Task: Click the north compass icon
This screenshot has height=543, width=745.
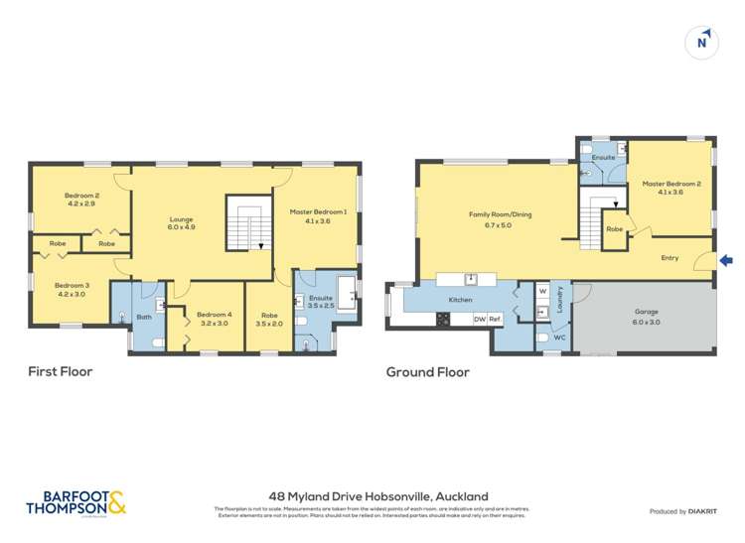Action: pyautogui.click(x=703, y=41)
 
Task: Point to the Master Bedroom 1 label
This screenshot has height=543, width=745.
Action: pyautogui.click(x=318, y=217)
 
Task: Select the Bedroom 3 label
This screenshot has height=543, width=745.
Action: pyautogui.click(x=72, y=290)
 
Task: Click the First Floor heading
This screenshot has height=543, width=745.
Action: pyautogui.click(x=60, y=372)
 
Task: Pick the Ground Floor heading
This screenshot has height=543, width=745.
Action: pyautogui.click(x=427, y=372)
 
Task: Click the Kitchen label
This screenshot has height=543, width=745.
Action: pyautogui.click(x=459, y=299)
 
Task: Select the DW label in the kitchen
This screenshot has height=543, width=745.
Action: pyautogui.click(x=479, y=319)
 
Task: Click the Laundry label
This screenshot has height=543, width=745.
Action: pyautogui.click(x=560, y=301)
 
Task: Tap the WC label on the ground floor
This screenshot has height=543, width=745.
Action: pyautogui.click(x=560, y=338)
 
